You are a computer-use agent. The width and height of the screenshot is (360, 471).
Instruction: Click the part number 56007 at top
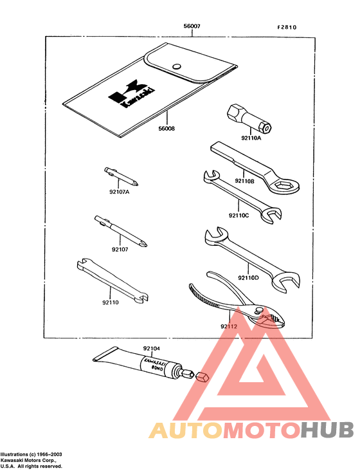192,27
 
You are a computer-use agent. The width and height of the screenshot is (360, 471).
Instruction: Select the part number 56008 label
166,129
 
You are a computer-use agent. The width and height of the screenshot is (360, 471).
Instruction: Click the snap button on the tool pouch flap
177,65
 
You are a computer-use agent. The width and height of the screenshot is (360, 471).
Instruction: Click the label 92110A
252,138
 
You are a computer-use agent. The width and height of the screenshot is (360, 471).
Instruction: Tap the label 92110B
244,181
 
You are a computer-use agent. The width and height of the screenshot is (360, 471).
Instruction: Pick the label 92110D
248,277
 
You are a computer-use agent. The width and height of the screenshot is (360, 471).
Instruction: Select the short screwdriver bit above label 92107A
120,174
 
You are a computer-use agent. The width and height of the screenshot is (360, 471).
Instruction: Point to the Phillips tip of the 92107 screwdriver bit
148,243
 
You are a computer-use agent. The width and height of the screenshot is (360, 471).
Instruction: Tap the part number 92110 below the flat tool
110,300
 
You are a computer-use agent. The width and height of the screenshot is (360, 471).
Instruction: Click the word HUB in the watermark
327,430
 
